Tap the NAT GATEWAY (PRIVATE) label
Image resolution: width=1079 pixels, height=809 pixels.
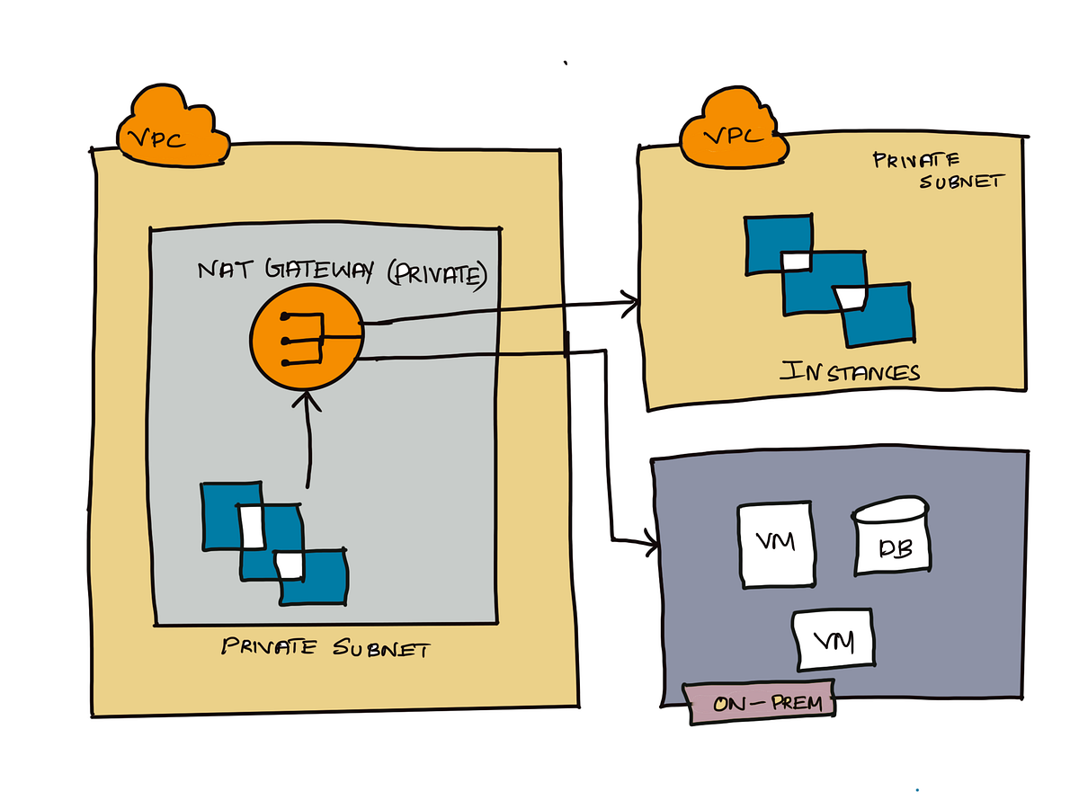[342, 272]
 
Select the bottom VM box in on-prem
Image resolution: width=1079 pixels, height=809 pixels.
[834, 639]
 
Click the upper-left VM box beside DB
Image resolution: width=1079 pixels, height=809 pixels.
[776, 545]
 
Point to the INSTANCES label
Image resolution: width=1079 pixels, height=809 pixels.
[850, 370]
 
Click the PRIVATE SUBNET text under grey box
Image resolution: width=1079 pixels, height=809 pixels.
[325, 648]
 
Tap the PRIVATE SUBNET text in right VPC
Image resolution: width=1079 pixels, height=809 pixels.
[936, 171]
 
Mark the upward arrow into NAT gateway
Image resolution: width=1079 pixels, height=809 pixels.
[308, 440]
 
